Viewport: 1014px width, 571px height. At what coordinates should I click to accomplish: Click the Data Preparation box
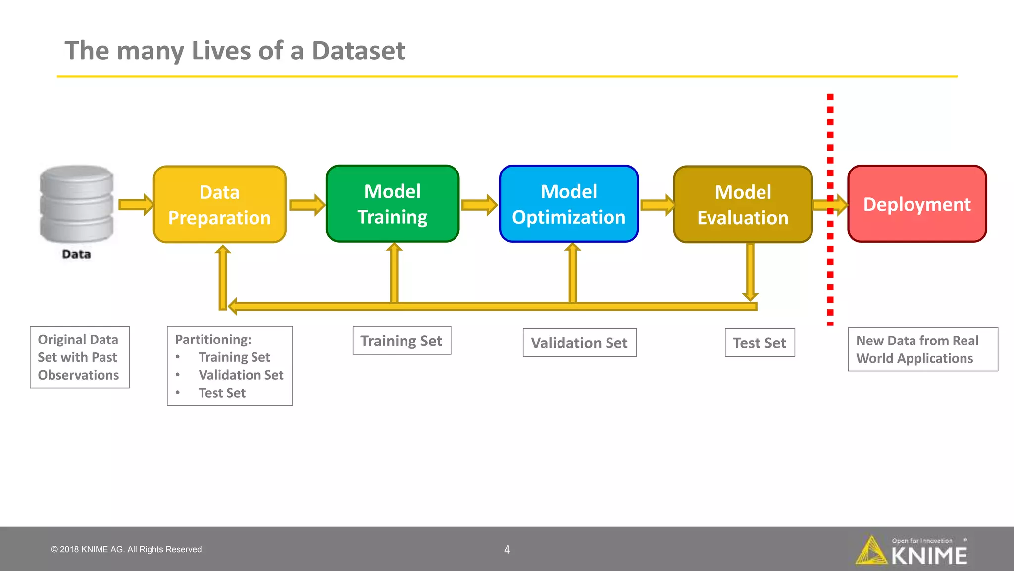(x=220, y=204)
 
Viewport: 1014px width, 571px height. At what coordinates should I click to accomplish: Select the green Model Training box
(x=393, y=204)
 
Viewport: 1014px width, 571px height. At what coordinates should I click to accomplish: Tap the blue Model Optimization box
(x=569, y=204)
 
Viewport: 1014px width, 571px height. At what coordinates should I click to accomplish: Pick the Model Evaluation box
(x=743, y=204)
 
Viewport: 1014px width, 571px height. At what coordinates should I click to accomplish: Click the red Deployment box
(x=917, y=204)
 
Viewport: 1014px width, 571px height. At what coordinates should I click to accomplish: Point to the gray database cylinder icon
(x=77, y=204)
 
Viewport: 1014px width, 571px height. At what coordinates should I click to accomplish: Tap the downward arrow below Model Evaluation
(x=750, y=273)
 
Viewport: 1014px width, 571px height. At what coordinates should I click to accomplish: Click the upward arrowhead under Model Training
(x=394, y=248)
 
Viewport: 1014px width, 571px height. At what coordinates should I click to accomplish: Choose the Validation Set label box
(x=579, y=343)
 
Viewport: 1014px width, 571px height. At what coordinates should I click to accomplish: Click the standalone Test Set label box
(x=760, y=343)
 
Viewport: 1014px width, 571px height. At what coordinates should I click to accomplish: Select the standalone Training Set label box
(x=402, y=341)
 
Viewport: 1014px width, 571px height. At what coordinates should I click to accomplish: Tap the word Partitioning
(x=213, y=340)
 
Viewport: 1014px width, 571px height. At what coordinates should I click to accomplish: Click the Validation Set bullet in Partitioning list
(x=241, y=375)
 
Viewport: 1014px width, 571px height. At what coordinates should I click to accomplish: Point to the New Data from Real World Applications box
(x=922, y=349)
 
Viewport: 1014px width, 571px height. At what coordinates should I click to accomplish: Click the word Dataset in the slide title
(x=358, y=51)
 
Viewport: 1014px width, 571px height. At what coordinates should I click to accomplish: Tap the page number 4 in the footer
(x=507, y=549)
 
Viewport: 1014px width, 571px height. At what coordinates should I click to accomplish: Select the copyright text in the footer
(x=127, y=549)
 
